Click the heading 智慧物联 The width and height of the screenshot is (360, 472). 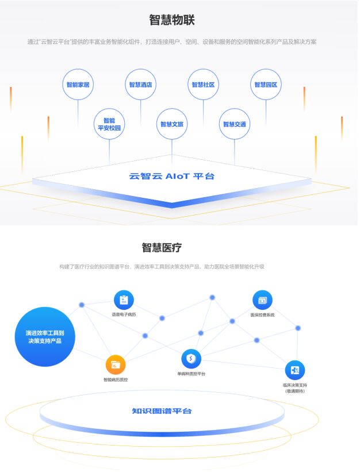[172, 20]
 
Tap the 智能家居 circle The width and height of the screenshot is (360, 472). [78, 85]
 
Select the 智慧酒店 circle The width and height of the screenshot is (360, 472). [141, 85]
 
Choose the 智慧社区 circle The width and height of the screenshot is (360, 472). [203, 85]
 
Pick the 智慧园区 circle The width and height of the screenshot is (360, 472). [266, 85]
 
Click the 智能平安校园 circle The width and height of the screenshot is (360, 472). [109, 124]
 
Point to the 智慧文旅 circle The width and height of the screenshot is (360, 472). [172, 124]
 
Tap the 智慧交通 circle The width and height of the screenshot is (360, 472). [235, 124]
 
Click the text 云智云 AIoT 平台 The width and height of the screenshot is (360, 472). [172, 176]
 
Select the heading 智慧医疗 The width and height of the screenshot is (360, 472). [162, 248]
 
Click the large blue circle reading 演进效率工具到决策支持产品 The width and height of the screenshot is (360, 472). [45, 337]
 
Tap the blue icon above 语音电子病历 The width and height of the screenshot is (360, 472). [124, 300]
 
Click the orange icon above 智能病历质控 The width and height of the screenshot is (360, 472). [116, 364]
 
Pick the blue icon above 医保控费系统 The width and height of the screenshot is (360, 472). [262, 300]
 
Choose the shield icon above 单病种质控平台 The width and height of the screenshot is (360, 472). [191, 359]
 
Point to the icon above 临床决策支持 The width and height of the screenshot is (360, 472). [294, 370]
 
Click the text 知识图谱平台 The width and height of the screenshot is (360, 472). [162, 411]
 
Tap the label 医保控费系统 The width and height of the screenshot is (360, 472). [262, 315]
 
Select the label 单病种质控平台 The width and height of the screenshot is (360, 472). [191, 374]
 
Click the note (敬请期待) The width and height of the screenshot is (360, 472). [294, 391]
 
